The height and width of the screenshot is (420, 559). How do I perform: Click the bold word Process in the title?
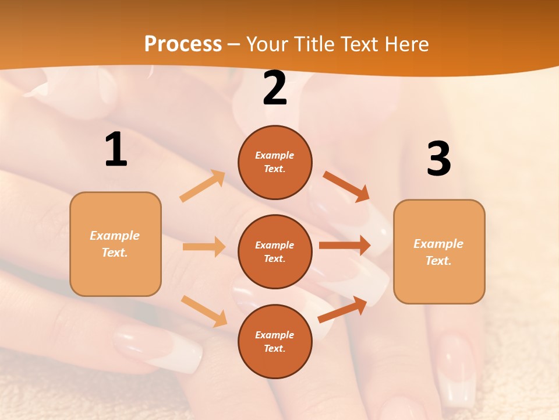pos(183,44)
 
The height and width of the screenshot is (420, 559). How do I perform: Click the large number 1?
pos(116,150)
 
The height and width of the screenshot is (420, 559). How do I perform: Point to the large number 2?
pos(275,88)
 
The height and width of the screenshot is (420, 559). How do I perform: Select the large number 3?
pos(438,159)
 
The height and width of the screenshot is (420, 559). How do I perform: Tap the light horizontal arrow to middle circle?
pos(204,247)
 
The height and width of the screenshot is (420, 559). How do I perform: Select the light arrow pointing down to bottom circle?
pos(204,310)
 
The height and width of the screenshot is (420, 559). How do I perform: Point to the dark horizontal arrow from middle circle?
pos(345,246)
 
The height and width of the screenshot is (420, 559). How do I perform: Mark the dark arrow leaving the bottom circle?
pos(343,310)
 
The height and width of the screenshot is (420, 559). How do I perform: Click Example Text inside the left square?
pos(115,244)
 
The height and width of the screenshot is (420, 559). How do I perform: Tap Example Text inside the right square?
pos(438,252)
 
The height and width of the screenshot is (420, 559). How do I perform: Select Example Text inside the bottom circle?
pos(275,342)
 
